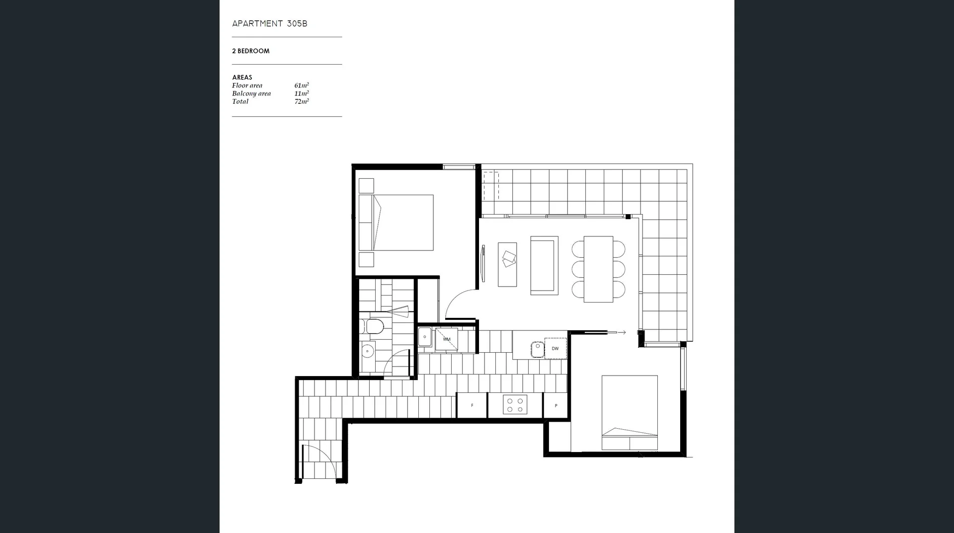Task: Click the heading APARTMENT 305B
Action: pyautogui.click(x=270, y=24)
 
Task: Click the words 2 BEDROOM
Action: pyautogui.click(x=251, y=51)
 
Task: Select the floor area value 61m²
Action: pyautogui.click(x=302, y=85)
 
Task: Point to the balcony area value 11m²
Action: pyautogui.click(x=302, y=93)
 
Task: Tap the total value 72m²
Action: pyautogui.click(x=302, y=101)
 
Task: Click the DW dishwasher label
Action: pyautogui.click(x=555, y=349)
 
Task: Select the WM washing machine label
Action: pyautogui.click(x=447, y=339)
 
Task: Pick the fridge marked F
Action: pyautogui.click(x=472, y=405)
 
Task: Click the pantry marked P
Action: pyautogui.click(x=556, y=406)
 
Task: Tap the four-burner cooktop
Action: pyautogui.click(x=515, y=405)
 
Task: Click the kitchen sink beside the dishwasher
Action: pyautogui.click(x=537, y=349)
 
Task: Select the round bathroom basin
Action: pyautogui.click(x=367, y=351)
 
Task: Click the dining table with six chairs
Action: pyautogui.click(x=598, y=269)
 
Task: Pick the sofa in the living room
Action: pyautogui.click(x=544, y=266)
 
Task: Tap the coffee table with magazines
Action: pyautogui.click(x=507, y=264)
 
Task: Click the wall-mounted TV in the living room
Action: pyautogui.click(x=483, y=263)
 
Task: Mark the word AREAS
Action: pyautogui.click(x=242, y=77)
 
